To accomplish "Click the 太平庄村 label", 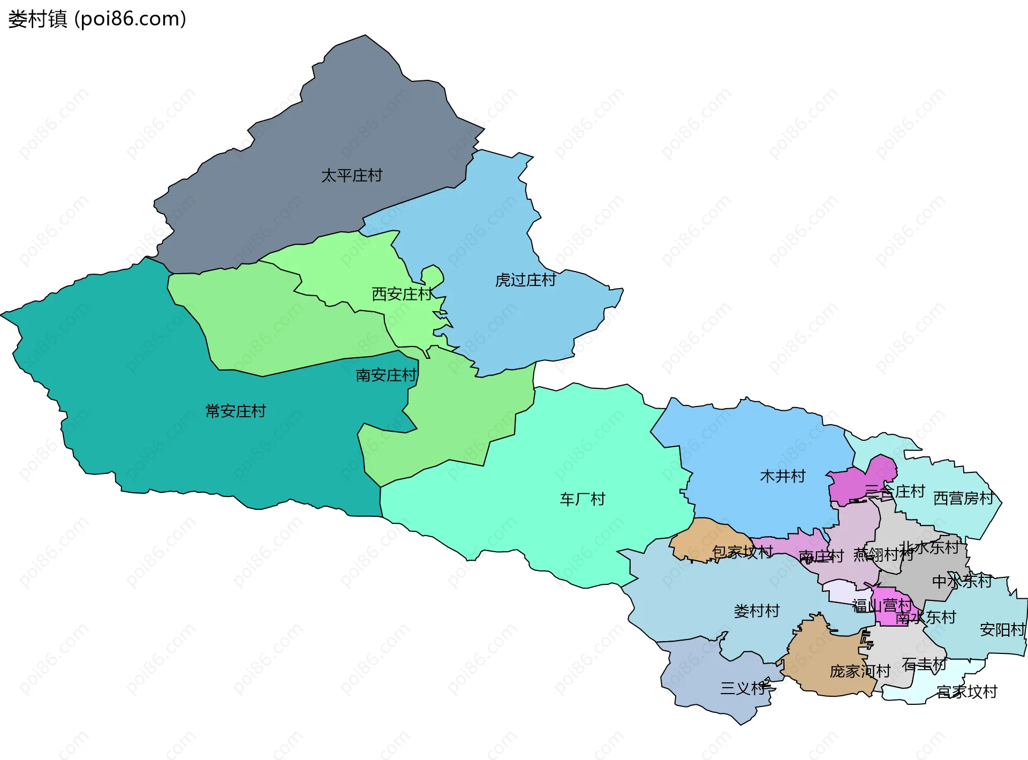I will (352, 176).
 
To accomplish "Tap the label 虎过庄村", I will (525, 280).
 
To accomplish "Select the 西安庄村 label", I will (402, 294).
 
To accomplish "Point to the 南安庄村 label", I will (386, 375).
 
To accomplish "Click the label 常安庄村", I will (236, 411).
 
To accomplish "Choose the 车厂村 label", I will (583, 500).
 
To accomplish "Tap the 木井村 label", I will (782, 477).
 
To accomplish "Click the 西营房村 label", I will (964, 499).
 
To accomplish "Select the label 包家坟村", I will (742, 552).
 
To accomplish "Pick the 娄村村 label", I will (757, 611).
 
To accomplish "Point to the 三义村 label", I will (743, 689).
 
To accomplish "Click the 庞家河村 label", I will (860, 672).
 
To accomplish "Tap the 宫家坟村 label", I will (967, 693).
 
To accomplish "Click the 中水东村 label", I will (962, 582).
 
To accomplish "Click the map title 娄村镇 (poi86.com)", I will (97, 19).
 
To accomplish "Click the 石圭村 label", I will (924, 665).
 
